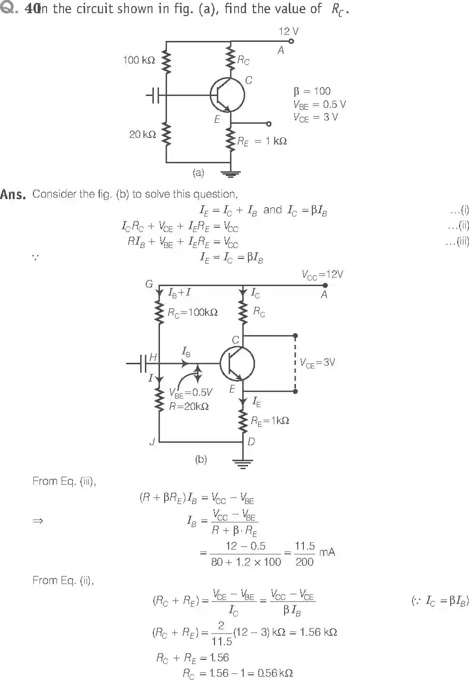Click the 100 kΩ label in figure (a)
(139, 60)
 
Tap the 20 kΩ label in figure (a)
(142, 135)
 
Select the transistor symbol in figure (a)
(227, 95)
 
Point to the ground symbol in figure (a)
(230, 174)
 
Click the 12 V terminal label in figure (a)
(288, 32)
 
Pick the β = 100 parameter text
(312, 91)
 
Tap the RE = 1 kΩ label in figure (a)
(262, 141)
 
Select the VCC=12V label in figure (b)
(322, 274)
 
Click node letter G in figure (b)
(149, 284)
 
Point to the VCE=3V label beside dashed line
(318, 363)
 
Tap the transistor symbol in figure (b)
(237, 364)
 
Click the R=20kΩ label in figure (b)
(189, 407)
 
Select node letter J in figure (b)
(152, 442)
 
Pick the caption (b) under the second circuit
(201, 459)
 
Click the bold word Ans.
(13, 194)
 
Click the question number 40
(32, 9)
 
